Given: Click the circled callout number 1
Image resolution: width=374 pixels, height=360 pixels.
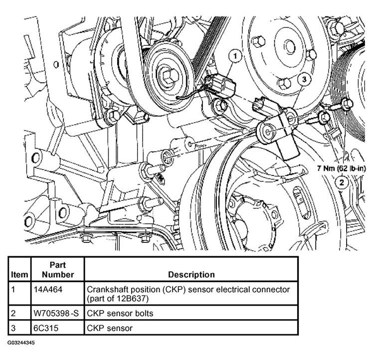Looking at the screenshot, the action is pyautogui.click(x=235, y=56).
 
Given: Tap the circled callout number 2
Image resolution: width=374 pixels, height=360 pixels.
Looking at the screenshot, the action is pyautogui.click(x=342, y=183).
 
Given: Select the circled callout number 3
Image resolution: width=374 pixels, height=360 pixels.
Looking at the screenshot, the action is pyautogui.click(x=304, y=79).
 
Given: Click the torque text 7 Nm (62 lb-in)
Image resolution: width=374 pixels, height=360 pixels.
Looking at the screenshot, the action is pyautogui.click(x=341, y=169).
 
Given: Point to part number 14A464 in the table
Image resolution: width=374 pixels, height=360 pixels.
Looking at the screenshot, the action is pyautogui.click(x=48, y=289).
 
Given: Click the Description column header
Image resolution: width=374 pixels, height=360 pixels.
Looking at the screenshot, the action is pyautogui.click(x=191, y=274).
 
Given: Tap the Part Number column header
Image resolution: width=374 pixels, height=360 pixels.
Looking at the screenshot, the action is pyautogui.click(x=58, y=270).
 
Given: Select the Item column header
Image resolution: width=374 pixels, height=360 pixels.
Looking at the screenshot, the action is pyautogui.click(x=19, y=275).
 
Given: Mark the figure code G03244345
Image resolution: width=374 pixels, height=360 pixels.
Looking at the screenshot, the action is pyautogui.click(x=21, y=343).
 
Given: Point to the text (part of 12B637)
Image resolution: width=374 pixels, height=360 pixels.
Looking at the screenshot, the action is pyautogui.click(x=118, y=299).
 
